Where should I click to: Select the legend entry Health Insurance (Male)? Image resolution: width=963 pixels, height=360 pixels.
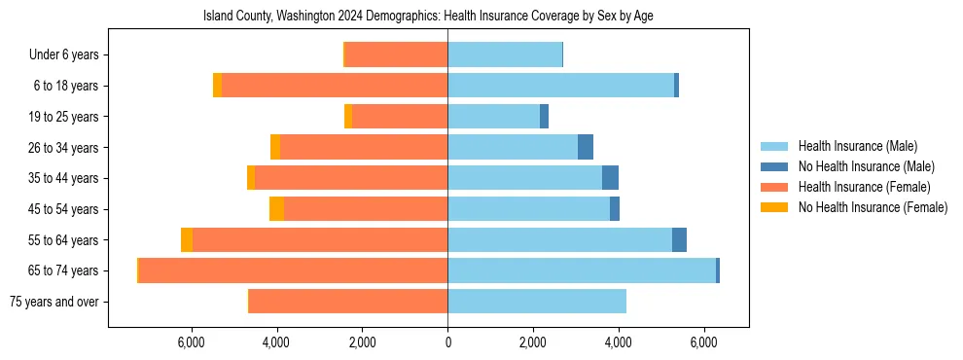tap(857, 146)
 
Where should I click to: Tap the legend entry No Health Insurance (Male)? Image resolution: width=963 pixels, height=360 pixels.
tap(866, 166)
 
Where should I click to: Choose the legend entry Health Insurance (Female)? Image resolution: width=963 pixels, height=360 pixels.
tap(865, 187)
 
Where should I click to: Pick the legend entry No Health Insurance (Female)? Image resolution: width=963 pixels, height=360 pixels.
tap(873, 207)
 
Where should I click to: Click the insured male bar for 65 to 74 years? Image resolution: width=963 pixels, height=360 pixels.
tap(582, 270)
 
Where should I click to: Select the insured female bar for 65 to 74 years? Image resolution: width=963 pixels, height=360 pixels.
tap(293, 270)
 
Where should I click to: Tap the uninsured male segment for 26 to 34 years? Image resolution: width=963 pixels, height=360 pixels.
tap(586, 148)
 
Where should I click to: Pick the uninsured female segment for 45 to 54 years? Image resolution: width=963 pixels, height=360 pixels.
tap(277, 209)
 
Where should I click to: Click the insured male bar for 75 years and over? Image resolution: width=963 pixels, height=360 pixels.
tap(537, 302)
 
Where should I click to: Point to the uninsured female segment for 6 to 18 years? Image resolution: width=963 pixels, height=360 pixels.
tap(218, 86)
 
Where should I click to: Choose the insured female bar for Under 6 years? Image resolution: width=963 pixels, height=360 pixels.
tap(396, 55)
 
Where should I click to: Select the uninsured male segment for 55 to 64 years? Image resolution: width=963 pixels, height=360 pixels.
tap(679, 240)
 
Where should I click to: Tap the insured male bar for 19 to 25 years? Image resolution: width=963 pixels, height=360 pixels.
tap(493, 117)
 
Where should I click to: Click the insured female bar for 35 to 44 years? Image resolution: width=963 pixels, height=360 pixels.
tap(351, 178)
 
